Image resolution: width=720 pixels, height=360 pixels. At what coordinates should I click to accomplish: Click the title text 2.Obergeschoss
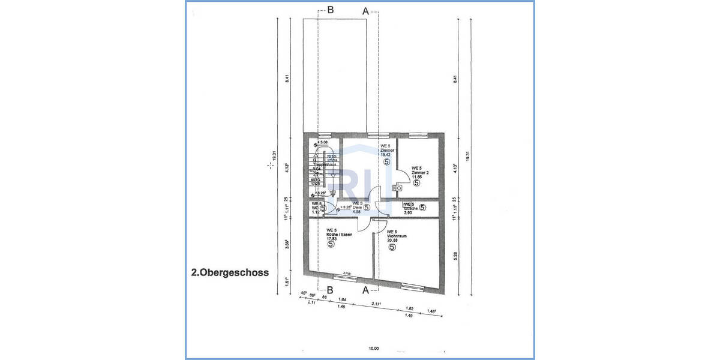point(230,272)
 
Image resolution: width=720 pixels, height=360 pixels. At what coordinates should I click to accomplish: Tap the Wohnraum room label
point(397,236)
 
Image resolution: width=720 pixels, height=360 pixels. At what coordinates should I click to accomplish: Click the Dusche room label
point(411,208)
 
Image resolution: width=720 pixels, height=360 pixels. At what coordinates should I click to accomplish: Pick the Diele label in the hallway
point(357,208)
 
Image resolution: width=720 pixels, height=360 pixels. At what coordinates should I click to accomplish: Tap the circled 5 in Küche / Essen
point(331,245)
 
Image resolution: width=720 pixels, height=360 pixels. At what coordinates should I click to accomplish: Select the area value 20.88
point(392,241)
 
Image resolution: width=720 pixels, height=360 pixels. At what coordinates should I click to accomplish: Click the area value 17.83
point(331,239)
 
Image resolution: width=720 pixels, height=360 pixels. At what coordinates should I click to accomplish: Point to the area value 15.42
point(386,155)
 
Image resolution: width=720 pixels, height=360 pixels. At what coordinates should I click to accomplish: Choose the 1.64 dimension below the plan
point(343,300)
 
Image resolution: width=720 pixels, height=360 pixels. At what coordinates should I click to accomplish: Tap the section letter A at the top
point(366,10)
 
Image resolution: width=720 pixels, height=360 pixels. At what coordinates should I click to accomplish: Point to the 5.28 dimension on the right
point(455,255)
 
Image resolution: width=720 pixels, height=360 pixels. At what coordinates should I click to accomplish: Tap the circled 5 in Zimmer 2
point(416,183)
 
